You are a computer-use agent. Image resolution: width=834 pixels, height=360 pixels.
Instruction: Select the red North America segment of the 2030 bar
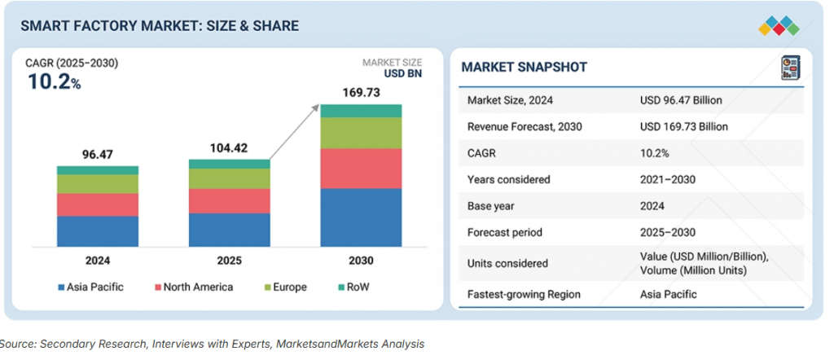(361, 168)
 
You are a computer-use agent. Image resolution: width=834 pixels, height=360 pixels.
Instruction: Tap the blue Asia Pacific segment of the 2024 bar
(97, 230)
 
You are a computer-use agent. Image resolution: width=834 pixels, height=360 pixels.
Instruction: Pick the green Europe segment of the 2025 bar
(229, 178)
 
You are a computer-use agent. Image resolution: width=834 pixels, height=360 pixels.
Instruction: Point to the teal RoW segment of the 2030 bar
(361, 111)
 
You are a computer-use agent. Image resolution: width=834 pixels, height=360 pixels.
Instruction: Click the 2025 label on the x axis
(229, 261)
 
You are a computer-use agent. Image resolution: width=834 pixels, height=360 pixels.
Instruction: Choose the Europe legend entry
(284, 287)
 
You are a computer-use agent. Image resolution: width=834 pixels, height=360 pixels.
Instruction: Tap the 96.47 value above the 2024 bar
(97, 153)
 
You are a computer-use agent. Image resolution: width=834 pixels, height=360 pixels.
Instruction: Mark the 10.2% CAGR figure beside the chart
(54, 81)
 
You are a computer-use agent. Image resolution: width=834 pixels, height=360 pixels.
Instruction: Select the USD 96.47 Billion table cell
(681, 100)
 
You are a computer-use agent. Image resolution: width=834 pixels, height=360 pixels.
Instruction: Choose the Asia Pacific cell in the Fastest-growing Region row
(669, 294)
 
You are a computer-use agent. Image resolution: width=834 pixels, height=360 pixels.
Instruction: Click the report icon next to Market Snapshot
(788, 67)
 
